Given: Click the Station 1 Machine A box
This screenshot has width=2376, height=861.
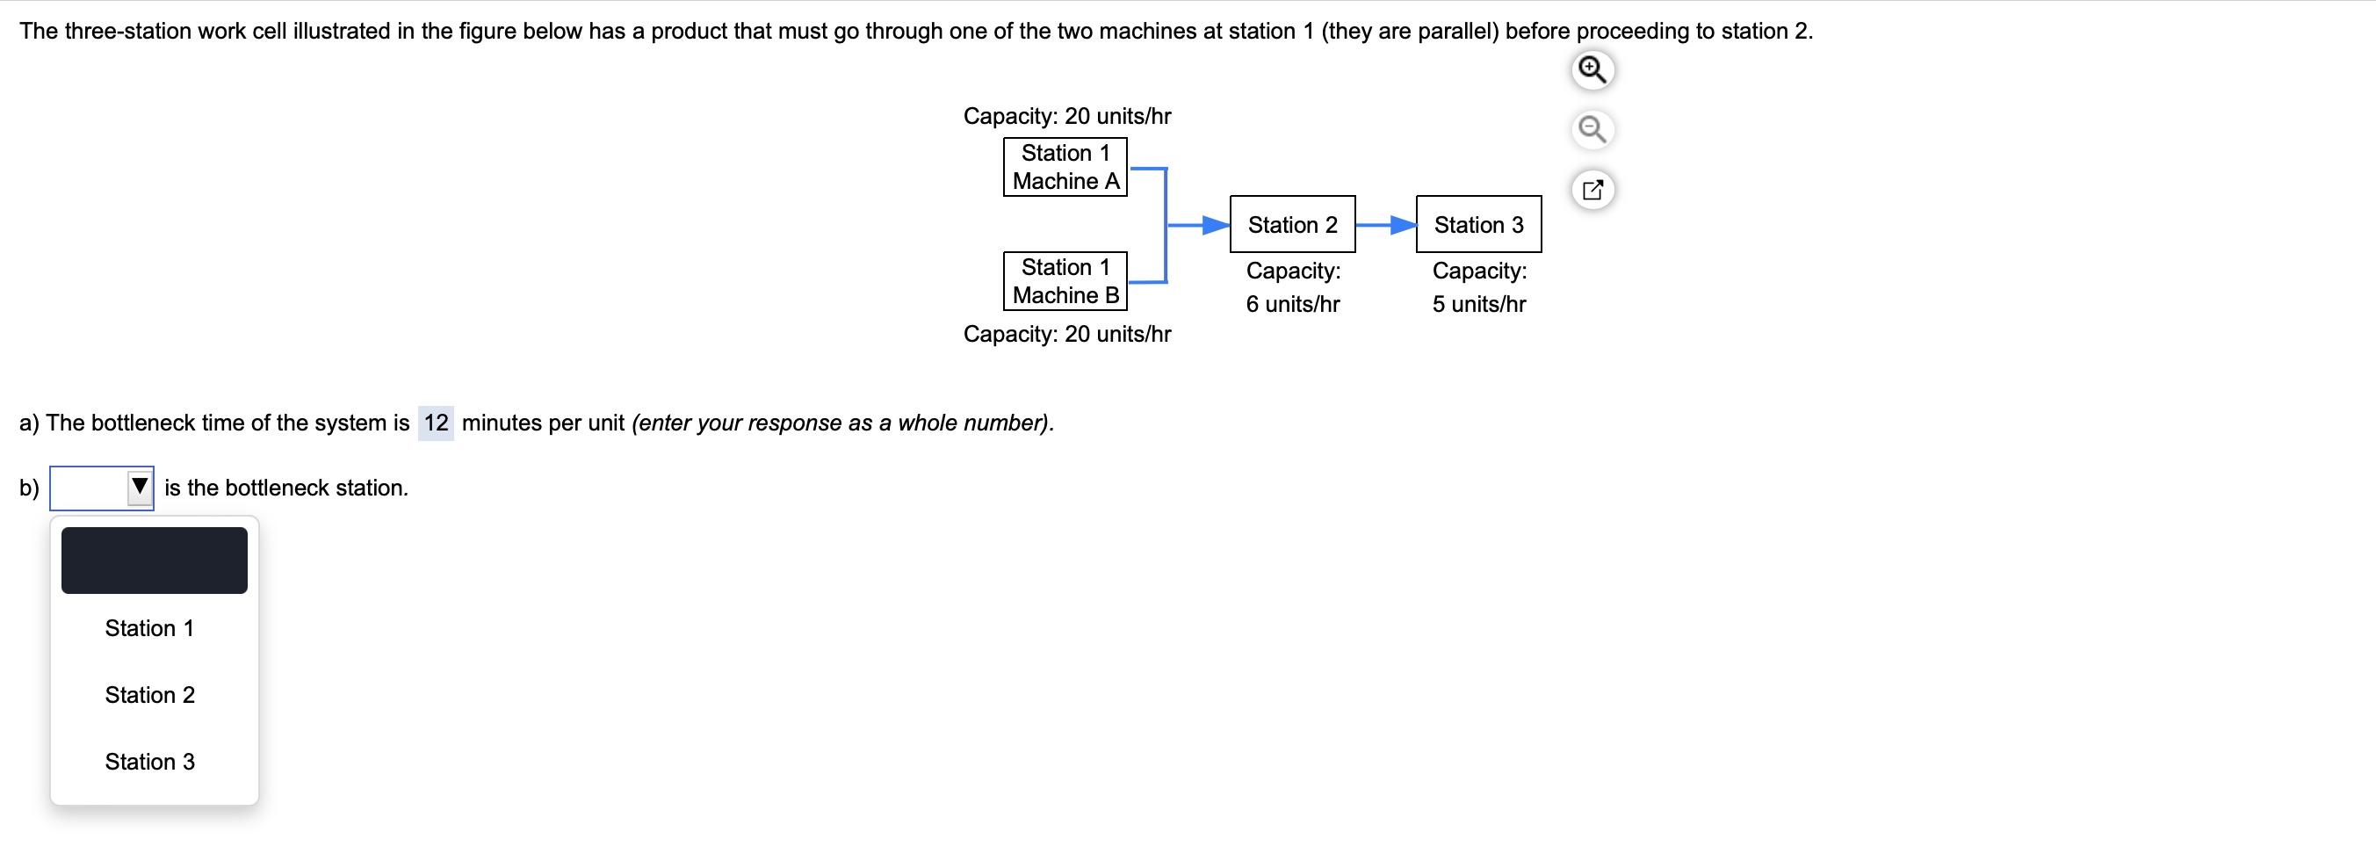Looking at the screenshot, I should pyautogui.click(x=1065, y=167).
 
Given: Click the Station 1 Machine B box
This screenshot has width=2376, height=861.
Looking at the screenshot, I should pyautogui.click(x=1065, y=280).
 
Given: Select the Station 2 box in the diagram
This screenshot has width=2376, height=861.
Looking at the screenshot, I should pyautogui.click(x=1291, y=224).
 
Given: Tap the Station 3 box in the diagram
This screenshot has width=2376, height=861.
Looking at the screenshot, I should pyautogui.click(x=1477, y=224).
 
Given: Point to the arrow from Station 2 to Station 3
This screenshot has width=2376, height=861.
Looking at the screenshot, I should pyautogui.click(x=1383, y=224).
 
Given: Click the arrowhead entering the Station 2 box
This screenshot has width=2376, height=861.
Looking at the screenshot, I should pyautogui.click(x=1216, y=224).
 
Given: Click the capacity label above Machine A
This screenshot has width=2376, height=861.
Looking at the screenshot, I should pyautogui.click(x=1066, y=116).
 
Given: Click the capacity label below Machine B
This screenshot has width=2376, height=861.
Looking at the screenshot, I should pyautogui.click(x=1066, y=334).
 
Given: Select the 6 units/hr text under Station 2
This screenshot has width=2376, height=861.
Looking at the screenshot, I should pyautogui.click(x=1292, y=304).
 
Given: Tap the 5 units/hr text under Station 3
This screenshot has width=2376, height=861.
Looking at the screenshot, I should pyautogui.click(x=1478, y=304).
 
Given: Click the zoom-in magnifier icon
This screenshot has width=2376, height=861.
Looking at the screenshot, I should pyautogui.click(x=1592, y=70).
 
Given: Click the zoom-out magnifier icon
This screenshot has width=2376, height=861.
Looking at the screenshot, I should pyautogui.click(x=1592, y=129).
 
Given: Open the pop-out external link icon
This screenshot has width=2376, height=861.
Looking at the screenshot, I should pyautogui.click(x=1592, y=190).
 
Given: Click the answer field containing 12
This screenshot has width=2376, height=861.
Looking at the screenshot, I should pyautogui.click(x=436, y=423).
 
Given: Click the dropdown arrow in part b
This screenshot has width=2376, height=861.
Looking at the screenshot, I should pyautogui.click(x=140, y=487).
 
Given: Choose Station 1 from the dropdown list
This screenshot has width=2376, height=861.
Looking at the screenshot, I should pyautogui.click(x=149, y=628).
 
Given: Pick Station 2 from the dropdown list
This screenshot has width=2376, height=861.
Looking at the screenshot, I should pyautogui.click(x=149, y=695).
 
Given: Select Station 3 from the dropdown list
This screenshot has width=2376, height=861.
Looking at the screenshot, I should pyautogui.click(x=149, y=762).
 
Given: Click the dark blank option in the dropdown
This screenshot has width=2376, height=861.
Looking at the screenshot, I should pyautogui.click(x=154, y=561).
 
